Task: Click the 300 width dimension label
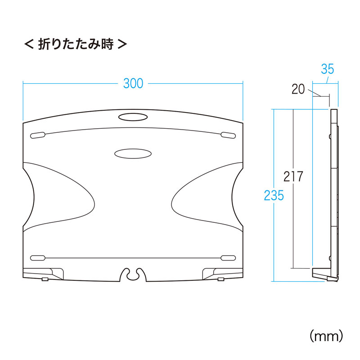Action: click(133, 83)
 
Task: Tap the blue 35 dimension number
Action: click(328, 69)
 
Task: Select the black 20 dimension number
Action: click(298, 89)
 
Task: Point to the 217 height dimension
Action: click(293, 176)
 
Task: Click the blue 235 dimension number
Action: click(274, 196)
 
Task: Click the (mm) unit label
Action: click(326, 336)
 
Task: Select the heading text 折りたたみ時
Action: click(76, 44)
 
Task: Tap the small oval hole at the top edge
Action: click(133, 117)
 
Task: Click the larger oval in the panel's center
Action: click(133, 153)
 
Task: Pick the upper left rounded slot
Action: click(38, 135)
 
